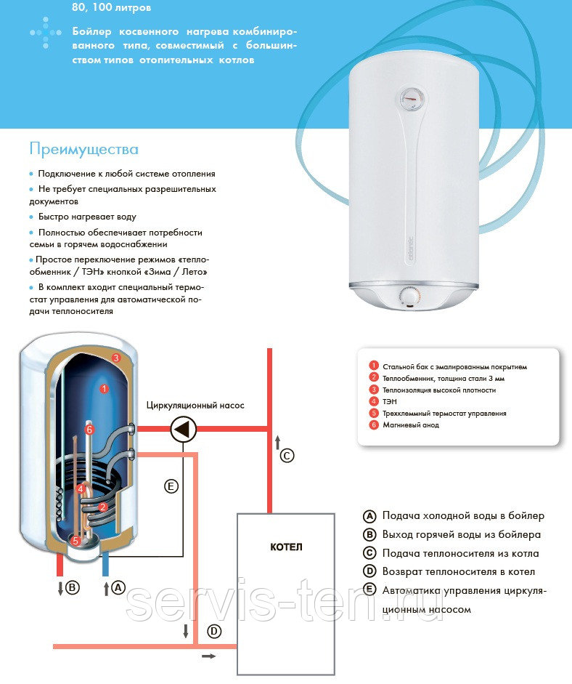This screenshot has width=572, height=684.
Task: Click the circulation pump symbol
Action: pos(181,430)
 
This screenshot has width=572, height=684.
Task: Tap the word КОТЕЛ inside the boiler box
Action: pos(286,547)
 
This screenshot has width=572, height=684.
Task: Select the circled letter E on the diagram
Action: pos(171,487)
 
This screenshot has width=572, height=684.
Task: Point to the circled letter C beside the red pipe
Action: pos(287,456)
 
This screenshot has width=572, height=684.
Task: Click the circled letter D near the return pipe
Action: pos(214,632)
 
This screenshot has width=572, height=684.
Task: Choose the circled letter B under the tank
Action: pos(72,588)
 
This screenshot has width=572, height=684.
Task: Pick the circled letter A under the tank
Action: pos(118,588)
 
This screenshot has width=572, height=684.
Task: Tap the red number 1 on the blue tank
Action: pos(104,389)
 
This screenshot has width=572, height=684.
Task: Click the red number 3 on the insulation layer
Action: pos(116,358)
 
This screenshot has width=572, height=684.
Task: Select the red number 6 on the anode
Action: pos(89,430)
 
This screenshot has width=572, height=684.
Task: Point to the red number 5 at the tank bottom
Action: pos(75,541)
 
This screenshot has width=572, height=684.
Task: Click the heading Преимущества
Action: pos(83,149)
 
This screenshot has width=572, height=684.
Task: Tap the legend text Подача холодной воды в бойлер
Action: pos(463,516)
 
